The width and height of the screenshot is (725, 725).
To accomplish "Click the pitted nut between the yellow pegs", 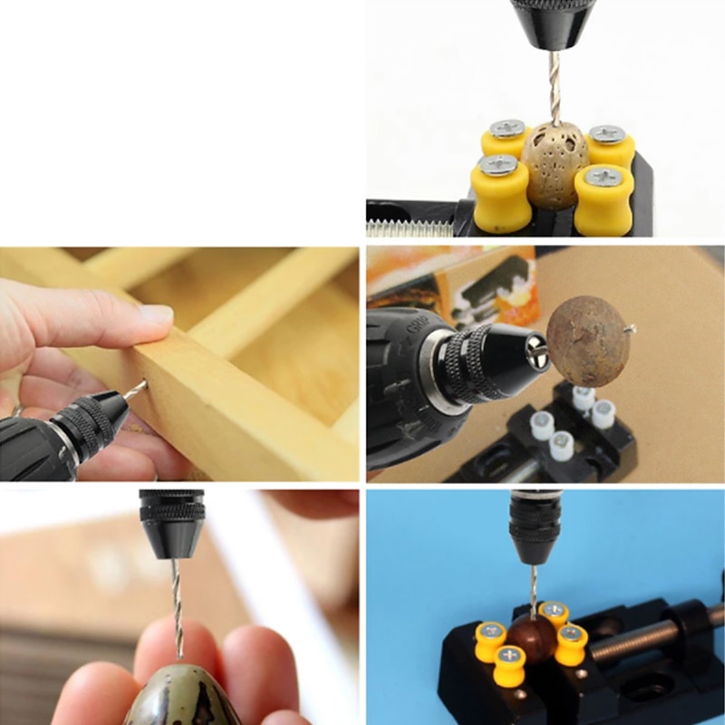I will [556, 164].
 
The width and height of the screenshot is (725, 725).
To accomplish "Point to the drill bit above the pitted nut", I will [554, 86].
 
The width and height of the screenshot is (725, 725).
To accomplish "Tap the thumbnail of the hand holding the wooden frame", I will [156, 314].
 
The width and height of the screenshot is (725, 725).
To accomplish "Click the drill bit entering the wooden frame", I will [136, 391].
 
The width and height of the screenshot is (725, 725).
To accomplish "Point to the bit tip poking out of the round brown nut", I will [632, 327].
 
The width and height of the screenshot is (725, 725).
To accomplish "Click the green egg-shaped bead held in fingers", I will [181, 698].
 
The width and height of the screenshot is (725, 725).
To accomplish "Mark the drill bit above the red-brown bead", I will [534, 590].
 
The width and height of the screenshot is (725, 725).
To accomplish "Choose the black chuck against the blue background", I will [535, 526].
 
